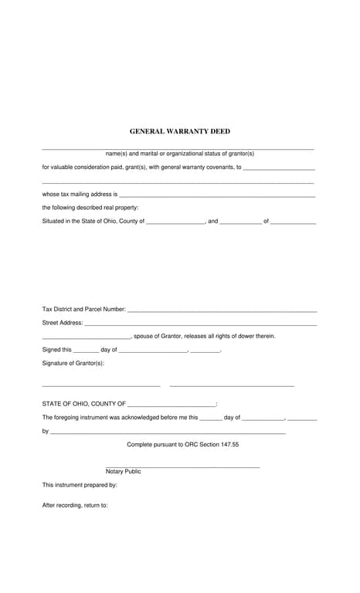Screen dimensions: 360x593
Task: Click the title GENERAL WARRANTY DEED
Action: pos(180,132)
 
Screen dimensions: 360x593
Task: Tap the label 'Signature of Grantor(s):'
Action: pos(73,363)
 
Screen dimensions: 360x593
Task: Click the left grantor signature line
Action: pos(100,385)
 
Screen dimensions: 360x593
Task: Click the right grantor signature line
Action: pos(232,385)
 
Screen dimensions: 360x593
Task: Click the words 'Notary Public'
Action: pos(124,471)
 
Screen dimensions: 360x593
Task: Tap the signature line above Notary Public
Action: pos(182,466)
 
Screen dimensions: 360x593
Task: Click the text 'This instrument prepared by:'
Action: pos(80,485)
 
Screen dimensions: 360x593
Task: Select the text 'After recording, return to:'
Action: pos(75,505)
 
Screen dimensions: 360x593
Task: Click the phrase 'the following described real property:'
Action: pos(90,208)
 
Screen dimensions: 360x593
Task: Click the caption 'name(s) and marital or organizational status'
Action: pos(179,154)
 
